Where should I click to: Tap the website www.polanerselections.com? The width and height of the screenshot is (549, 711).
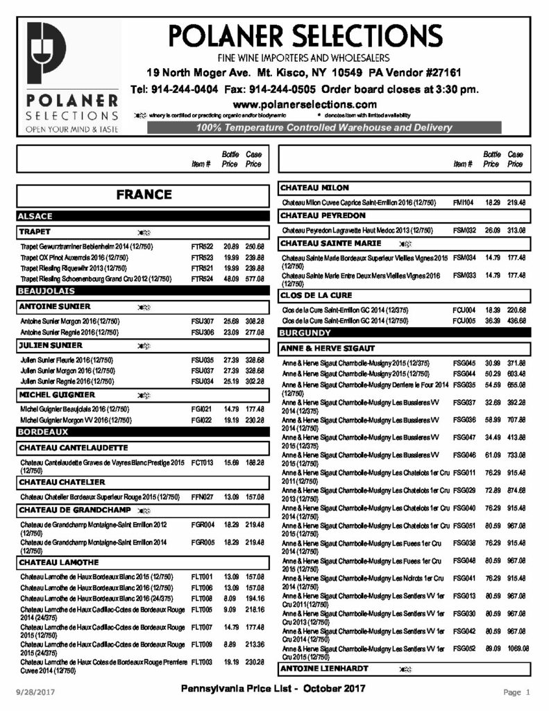[x=305, y=103]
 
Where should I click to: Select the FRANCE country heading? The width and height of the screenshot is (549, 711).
[x=144, y=195]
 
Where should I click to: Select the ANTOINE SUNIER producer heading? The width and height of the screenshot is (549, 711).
[x=54, y=306]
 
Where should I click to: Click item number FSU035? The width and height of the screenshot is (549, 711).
[x=202, y=360]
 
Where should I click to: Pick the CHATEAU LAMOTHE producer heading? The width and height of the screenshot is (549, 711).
[x=59, y=562]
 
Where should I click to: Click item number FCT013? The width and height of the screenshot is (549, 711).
[x=202, y=462]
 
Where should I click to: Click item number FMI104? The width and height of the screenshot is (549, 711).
[x=463, y=202]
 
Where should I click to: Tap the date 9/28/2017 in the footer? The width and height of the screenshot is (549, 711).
[x=35, y=692]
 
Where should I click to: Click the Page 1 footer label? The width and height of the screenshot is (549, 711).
[x=516, y=692]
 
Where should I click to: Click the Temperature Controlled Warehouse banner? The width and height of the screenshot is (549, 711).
[x=324, y=128]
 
